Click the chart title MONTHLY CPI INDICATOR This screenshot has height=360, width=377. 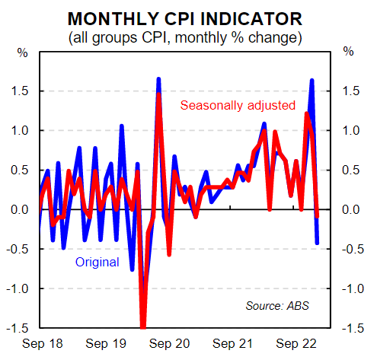[x=189, y=18]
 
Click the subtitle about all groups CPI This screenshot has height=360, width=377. [x=189, y=36]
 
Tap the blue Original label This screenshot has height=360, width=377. [x=97, y=263]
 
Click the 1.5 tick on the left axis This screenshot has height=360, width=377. [x=21, y=91]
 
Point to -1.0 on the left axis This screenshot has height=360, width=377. [x=19, y=289]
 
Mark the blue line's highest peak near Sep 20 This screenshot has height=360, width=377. [x=158, y=78]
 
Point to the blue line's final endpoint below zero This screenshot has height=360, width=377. [x=318, y=244]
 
